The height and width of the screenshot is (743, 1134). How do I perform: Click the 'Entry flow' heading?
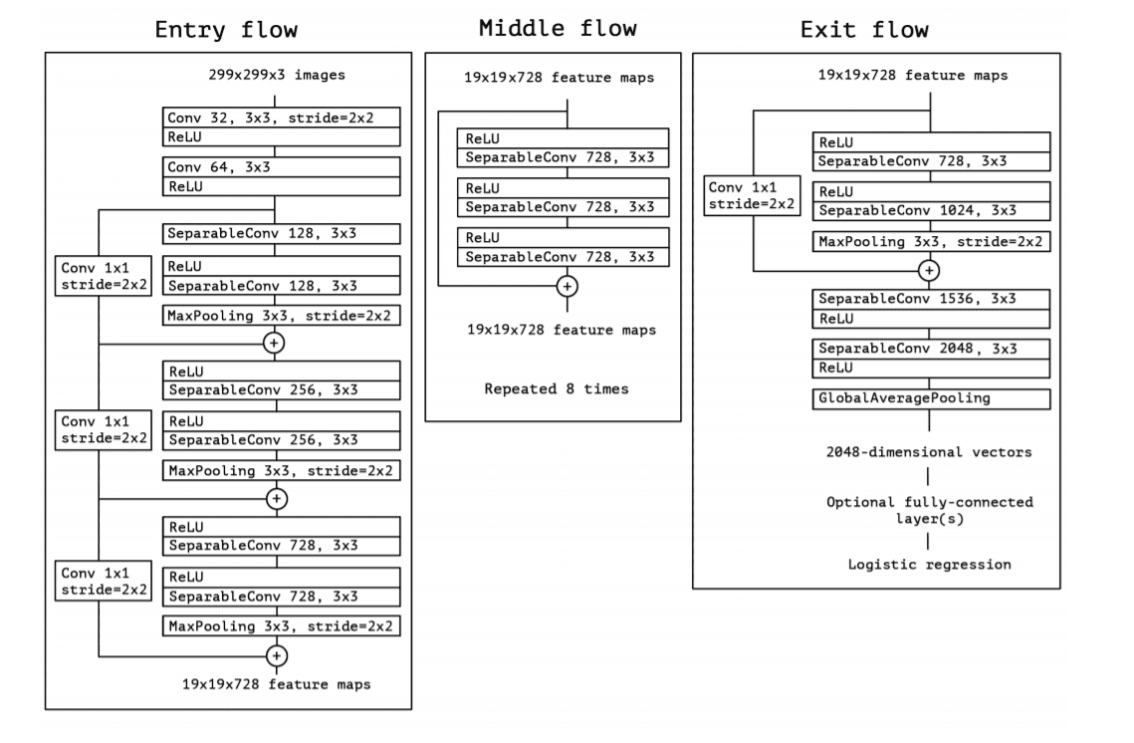[227, 29]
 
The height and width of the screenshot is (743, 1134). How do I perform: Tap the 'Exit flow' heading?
[864, 29]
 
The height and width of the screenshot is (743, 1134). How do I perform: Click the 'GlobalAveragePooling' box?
[931, 398]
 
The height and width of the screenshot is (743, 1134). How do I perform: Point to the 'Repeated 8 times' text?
[557, 388]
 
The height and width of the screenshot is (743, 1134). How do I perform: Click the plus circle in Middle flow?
[567, 286]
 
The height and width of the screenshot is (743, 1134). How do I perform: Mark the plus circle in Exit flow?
[929, 269]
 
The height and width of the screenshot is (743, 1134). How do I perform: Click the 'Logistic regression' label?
[929, 564]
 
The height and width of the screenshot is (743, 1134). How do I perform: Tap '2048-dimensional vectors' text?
[929, 452]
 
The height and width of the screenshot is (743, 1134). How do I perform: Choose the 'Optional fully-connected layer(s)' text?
[929, 510]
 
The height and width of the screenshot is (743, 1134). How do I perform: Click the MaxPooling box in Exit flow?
[931, 241]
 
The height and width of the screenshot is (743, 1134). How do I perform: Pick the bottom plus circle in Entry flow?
[277, 654]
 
